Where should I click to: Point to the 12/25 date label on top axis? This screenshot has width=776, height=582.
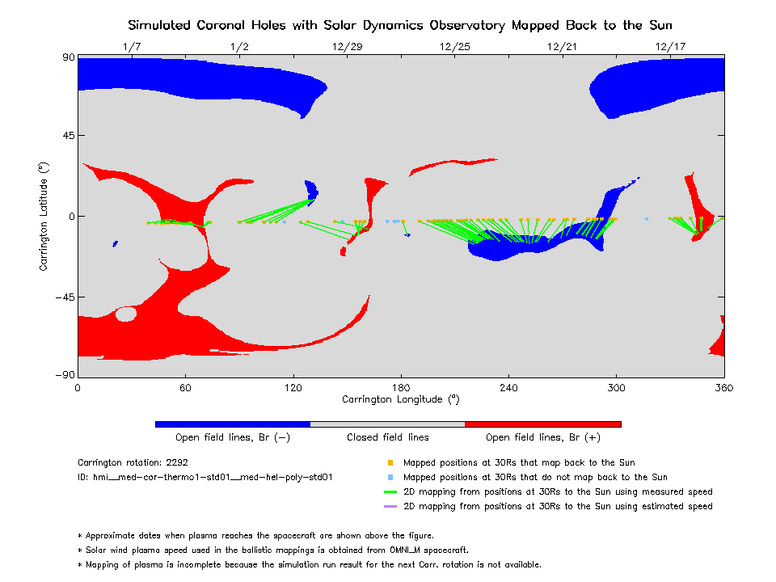pyautogui.click(x=455, y=47)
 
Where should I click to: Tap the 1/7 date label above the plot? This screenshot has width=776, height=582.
pyautogui.click(x=132, y=47)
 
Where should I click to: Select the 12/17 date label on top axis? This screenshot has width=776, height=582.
pyautogui.click(x=671, y=47)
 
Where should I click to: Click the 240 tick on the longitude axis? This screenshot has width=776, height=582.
pyautogui.click(x=508, y=387)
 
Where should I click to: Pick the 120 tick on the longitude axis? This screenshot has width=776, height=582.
pyautogui.click(x=293, y=387)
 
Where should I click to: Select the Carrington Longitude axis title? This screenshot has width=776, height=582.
pyautogui.click(x=400, y=399)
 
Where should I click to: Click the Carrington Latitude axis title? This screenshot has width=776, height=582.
pyautogui.click(x=44, y=217)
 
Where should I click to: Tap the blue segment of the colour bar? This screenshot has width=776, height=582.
pyautogui.click(x=232, y=424)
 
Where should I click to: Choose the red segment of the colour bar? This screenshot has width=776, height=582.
pyautogui.click(x=542, y=424)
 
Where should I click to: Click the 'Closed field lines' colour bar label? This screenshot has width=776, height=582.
pyautogui.click(x=388, y=437)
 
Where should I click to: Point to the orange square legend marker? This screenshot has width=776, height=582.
pyautogui.click(x=390, y=463)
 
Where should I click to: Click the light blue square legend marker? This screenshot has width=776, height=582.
pyautogui.click(x=390, y=478)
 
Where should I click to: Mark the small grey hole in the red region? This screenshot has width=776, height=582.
pyautogui.click(x=126, y=314)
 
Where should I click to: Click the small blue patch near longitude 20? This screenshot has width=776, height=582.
pyautogui.click(x=116, y=243)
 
